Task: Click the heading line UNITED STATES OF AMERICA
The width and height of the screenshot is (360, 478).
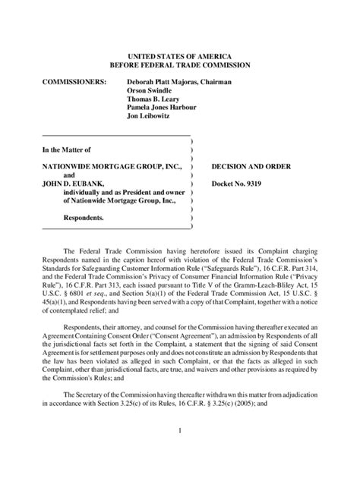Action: pos(179,56)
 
